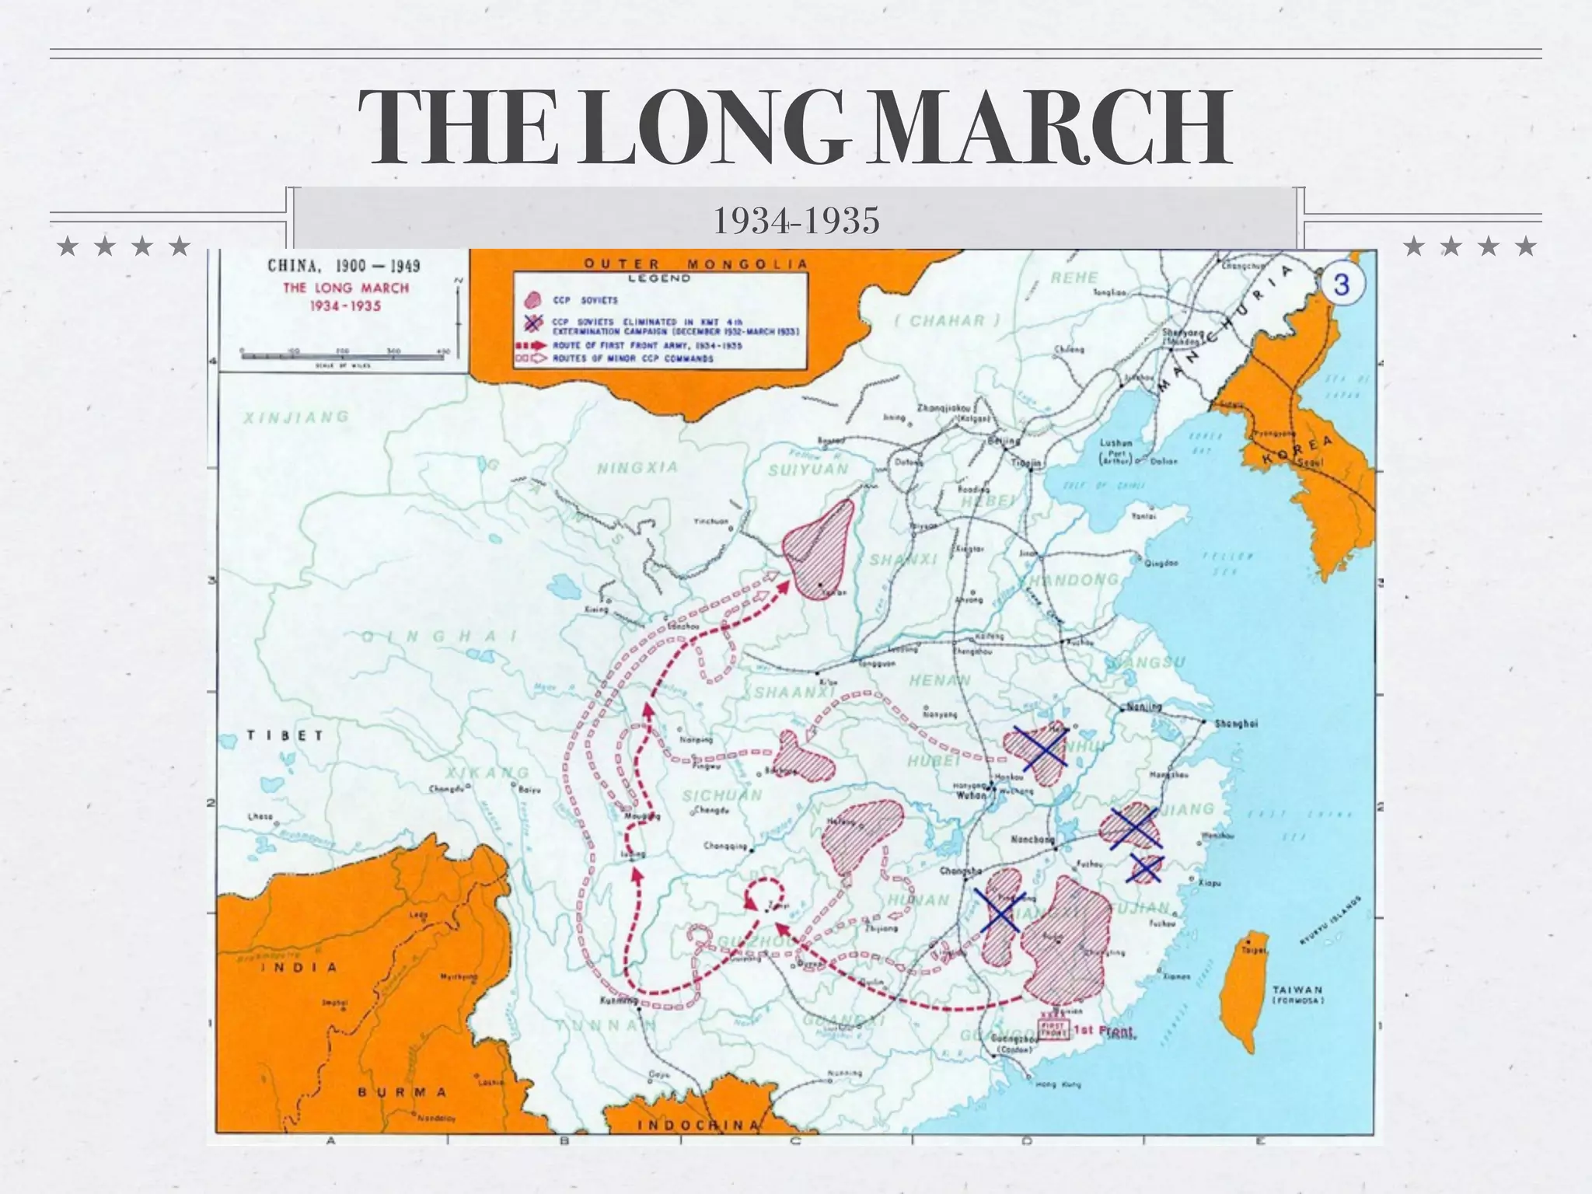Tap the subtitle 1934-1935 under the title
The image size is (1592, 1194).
click(796, 221)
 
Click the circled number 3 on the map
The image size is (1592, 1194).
click(1342, 285)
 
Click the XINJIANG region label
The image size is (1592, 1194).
click(296, 418)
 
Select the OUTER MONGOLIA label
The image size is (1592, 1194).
click(696, 264)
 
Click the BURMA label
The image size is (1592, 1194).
click(402, 1092)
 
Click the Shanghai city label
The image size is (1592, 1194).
click(1235, 723)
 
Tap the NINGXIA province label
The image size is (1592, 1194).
click(637, 468)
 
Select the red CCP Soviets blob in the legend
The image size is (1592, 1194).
click(532, 300)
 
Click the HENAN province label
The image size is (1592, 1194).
click(940, 680)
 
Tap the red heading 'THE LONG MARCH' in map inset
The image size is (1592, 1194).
click(345, 288)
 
